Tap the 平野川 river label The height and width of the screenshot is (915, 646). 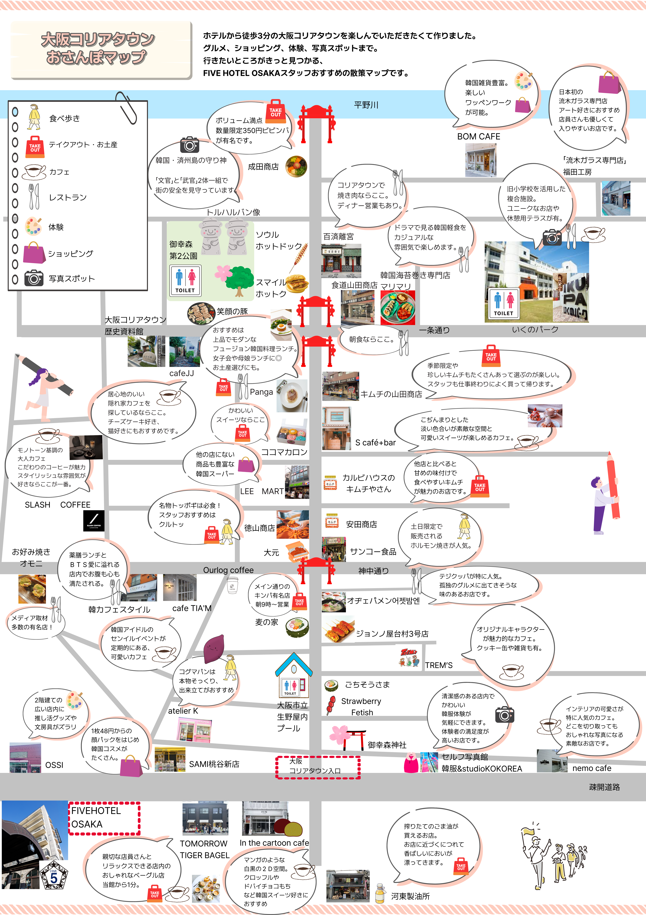coord(366,105)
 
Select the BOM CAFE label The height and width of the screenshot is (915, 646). coord(478,136)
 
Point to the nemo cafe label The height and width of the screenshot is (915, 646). coord(592,768)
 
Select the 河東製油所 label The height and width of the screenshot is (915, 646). coord(410,896)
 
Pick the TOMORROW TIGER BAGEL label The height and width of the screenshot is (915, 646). coord(204,849)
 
